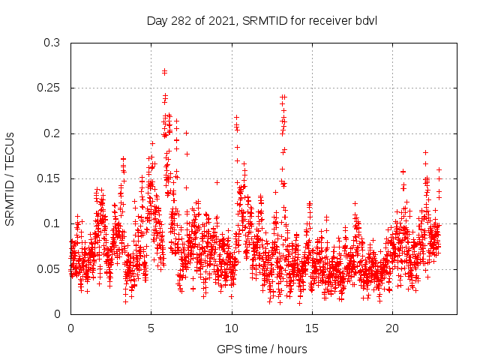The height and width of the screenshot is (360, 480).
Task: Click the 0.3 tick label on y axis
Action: [x=52, y=43]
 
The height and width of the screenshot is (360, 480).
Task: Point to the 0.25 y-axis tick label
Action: [x=49, y=88]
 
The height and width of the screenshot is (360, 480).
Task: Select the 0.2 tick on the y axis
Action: [x=52, y=133]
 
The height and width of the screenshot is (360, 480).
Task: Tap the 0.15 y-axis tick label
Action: [x=49, y=178]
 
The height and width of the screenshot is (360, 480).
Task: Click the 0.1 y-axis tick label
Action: [x=52, y=223]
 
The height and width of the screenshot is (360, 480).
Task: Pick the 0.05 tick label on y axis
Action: [x=49, y=268]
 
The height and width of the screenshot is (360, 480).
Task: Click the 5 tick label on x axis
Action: [x=151, y=328]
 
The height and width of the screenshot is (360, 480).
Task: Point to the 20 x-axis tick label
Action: [x=392, y=328]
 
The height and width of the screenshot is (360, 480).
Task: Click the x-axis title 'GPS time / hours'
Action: [x=262, y=349]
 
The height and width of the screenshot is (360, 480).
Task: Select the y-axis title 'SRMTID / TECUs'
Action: [x=10, y=178]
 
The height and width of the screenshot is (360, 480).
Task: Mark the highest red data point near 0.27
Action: [x=164, y=71]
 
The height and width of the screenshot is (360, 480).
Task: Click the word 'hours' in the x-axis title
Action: [x=292, y=349]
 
